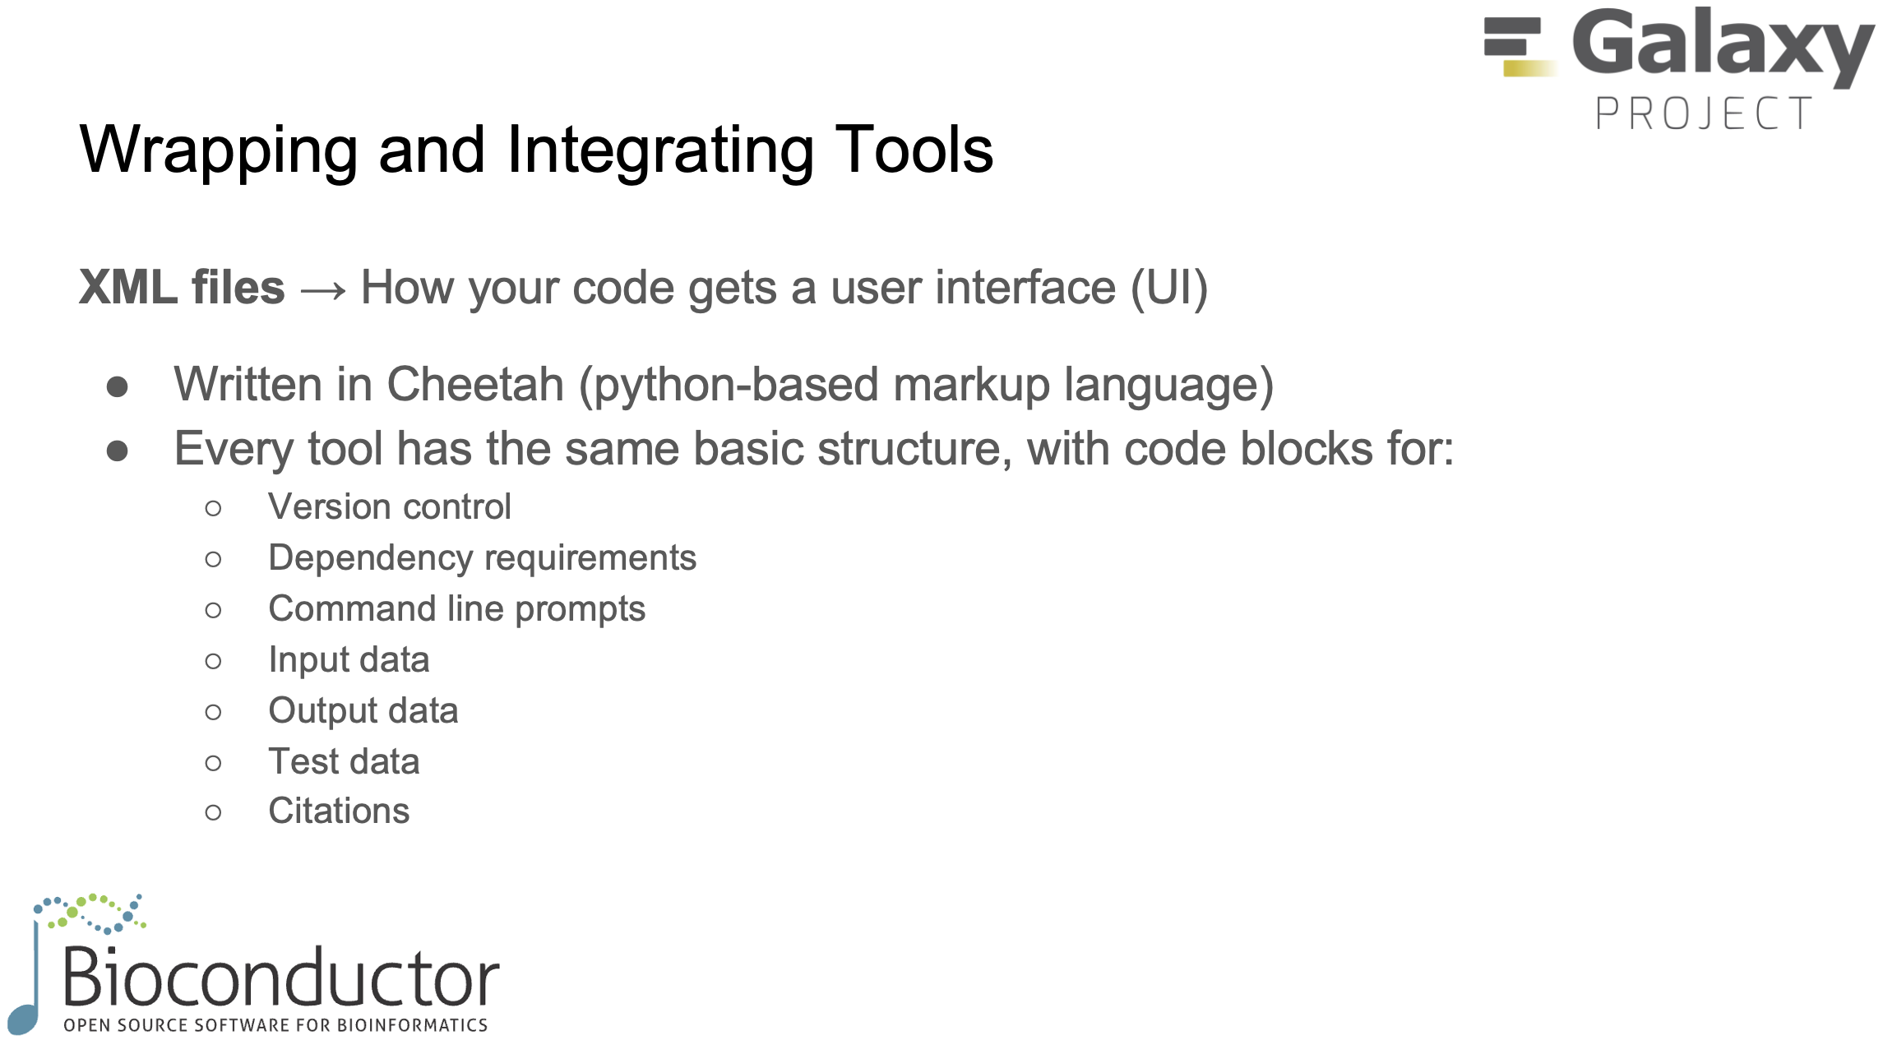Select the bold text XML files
coord(182,288)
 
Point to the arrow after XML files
coord(323,290)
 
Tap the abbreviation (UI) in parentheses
coord(1168,288)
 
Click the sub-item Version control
coord(390,507)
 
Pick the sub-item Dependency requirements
coord(482,558)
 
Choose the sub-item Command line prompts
coord(456,609)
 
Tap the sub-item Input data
coord(349,660)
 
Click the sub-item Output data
coord(363,711)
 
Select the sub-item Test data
coord(344,762)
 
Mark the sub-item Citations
coord(339,811)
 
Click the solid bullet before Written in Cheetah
coord(118,387)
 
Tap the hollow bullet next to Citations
coord(213,813)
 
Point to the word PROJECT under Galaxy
coord(1704,113)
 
